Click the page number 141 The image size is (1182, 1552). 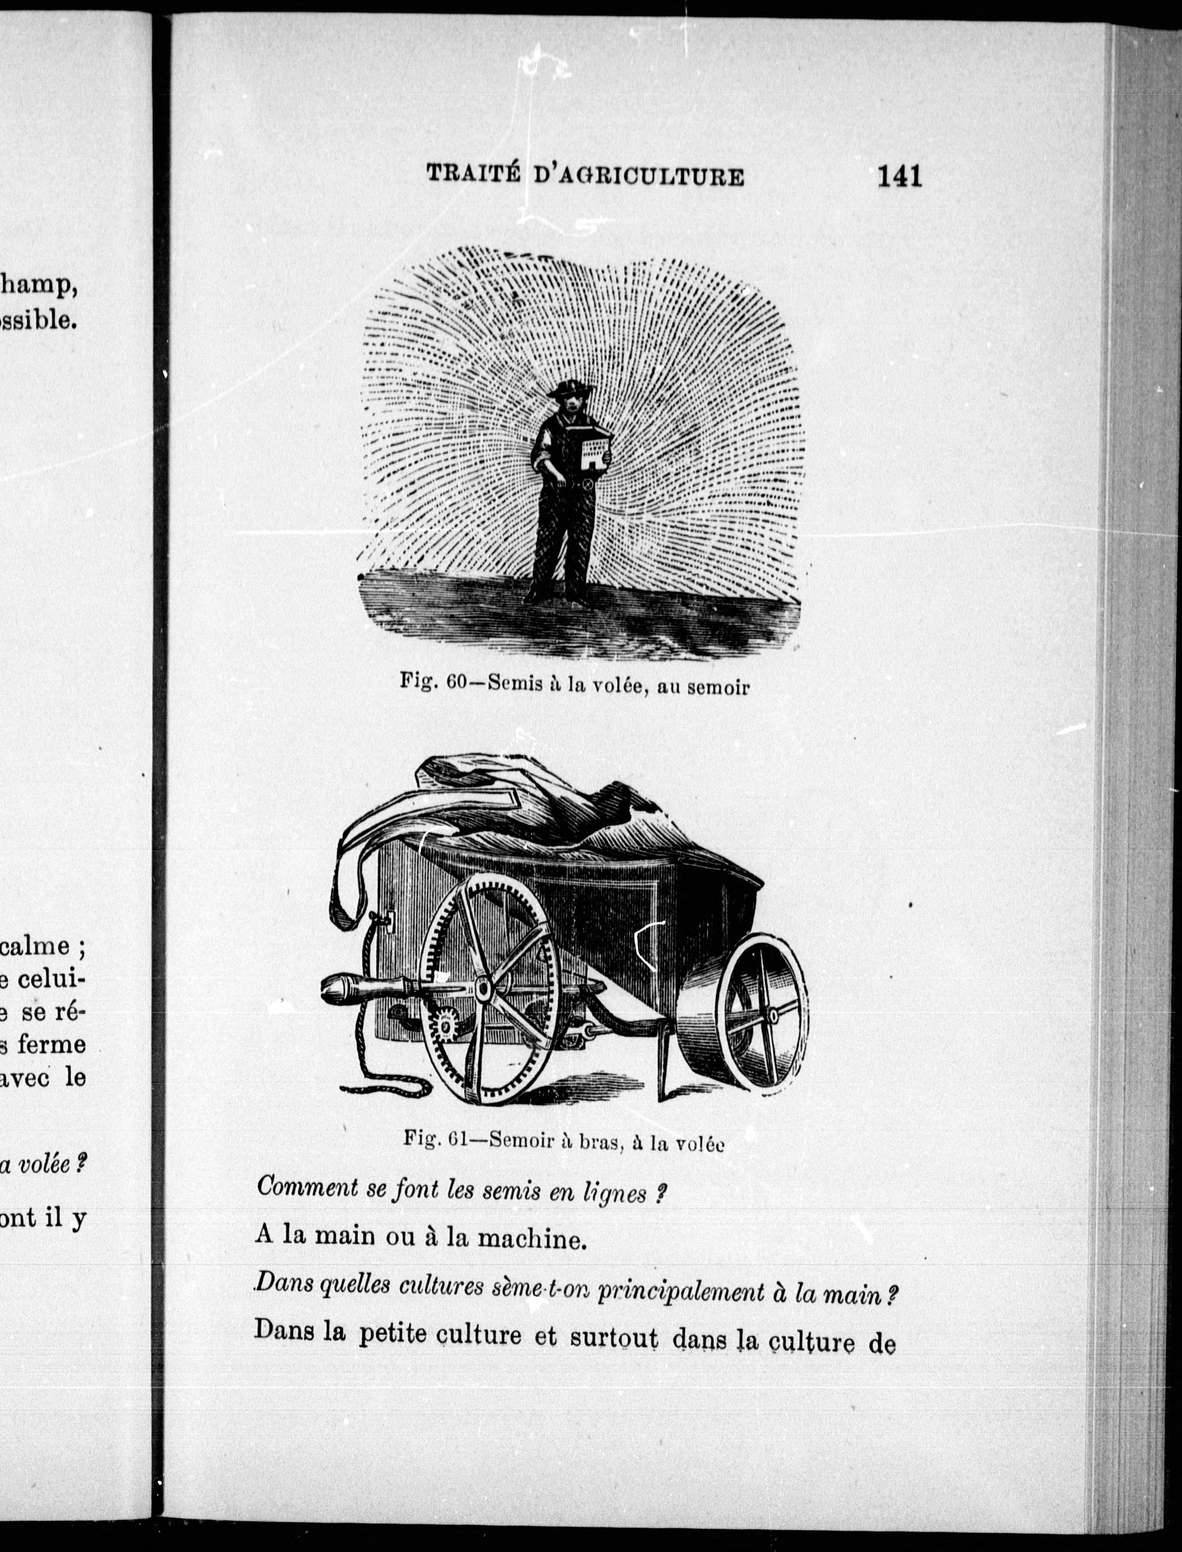(899, 175)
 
